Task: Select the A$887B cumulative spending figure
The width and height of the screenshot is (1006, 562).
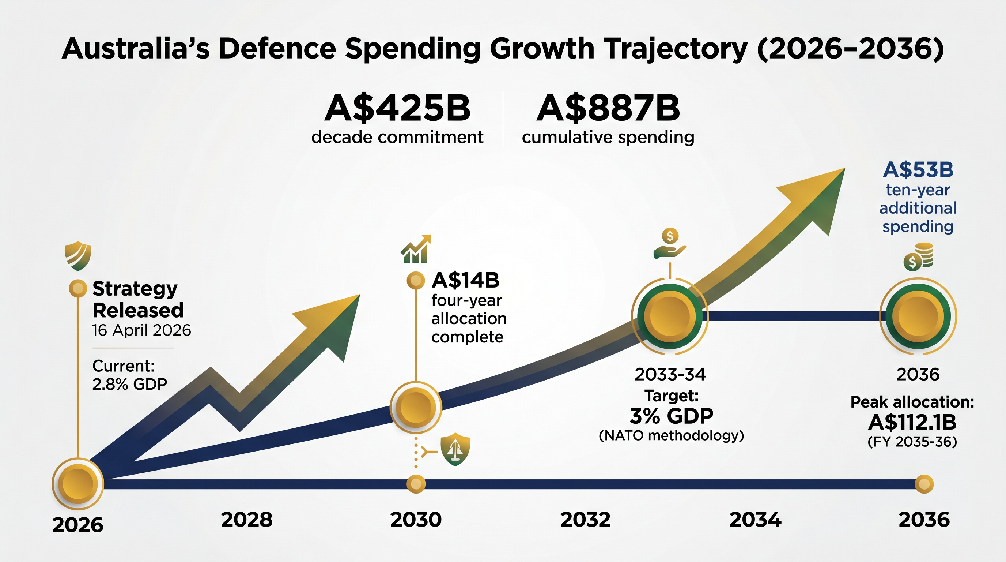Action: pyautogui.click(x=608, y=108)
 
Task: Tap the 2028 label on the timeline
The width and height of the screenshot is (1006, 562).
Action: pyautogui.click(x=247, y=520)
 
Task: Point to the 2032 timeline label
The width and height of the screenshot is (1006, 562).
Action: pyautogui.click(x=585, y=520)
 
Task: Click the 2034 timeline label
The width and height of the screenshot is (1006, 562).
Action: pyautogui.click(x=755, y=520)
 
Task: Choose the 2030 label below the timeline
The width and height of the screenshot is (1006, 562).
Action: pyautogui.click(x=416, y=520)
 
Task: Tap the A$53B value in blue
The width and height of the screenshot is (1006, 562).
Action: pyautogui.click(x=918, y=170)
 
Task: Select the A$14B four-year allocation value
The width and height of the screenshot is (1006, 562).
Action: pyautogui.click(x=465, y=280)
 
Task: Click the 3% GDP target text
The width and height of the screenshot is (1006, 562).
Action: pyautogui.click(x=671, y=416)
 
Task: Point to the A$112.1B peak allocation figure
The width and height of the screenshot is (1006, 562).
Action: pyautogui.click(x=912, y=422)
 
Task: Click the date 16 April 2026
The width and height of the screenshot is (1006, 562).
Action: pyautogui.click(x=141, y=331)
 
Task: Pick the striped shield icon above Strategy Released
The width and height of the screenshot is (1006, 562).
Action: pyautogui.click(x=78, y=256)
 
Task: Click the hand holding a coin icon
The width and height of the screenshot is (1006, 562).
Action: pyautogui.click(x=670, y=244)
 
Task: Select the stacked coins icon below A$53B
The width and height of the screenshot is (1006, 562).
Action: pyautogui.click(x=918, y=257)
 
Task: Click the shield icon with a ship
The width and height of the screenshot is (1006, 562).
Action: pyautogui.click(x=455, y=449)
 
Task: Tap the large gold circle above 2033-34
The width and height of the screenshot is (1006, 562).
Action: pyautogui.click(x=670, y=316)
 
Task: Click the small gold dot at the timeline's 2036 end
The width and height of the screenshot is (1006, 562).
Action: pyautogui.click(x=924, y=484)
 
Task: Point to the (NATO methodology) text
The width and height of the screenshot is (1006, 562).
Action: pyautogui.click(x=671, y=435)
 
